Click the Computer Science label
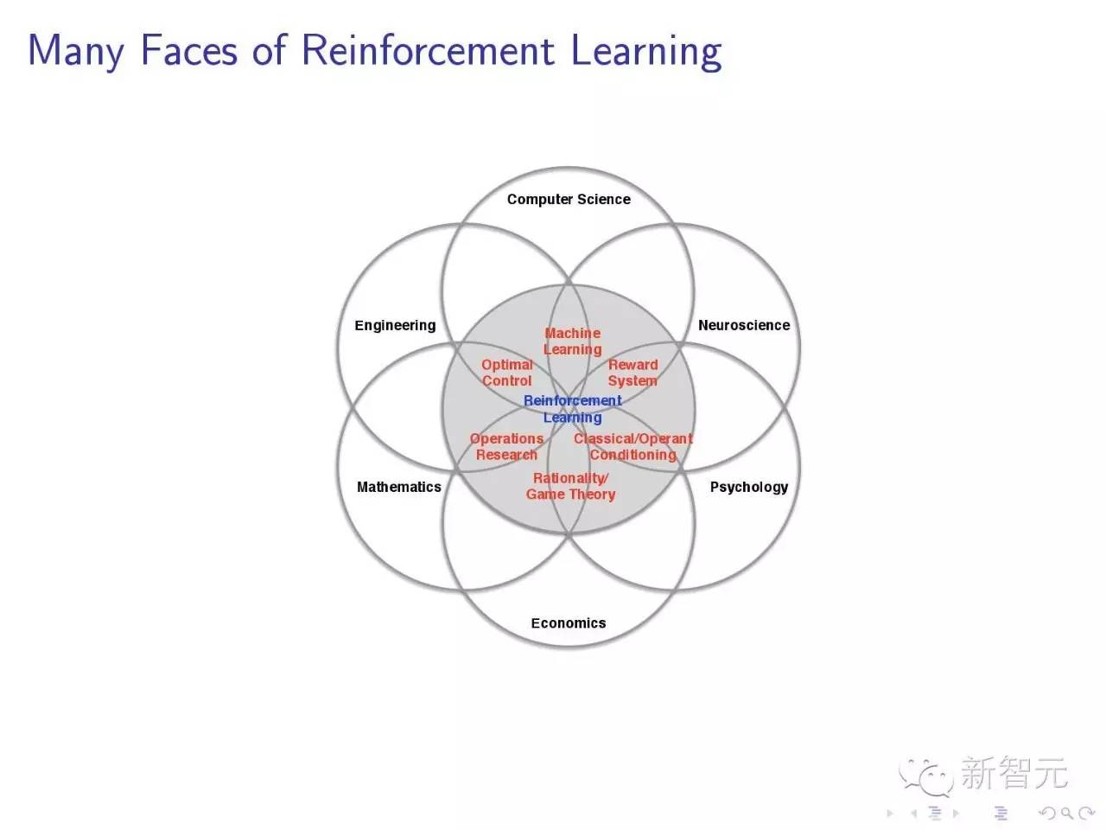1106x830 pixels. (569, 199)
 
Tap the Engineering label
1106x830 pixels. (395, 325)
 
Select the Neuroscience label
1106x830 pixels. (743, 325)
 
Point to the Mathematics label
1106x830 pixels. (398, 487)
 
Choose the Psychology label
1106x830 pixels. (748, 487)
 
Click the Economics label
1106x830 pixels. (568, 622)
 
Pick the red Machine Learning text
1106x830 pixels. (572, 341)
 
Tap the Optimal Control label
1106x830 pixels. (506, 373)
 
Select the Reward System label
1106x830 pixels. (632, 373)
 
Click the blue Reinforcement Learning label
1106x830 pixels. (572, 408)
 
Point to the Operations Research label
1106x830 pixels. (506, 446)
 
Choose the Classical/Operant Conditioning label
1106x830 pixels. (632, 446)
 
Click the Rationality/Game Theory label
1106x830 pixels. (570, 486)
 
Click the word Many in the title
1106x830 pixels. (76, 52)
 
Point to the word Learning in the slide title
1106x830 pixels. (645, 52)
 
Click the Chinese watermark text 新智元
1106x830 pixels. (1014, 773)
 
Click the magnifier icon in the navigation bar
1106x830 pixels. (1067, 813)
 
